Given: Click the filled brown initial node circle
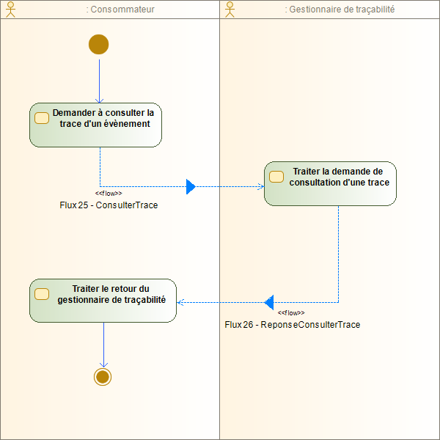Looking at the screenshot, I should (x=98, y=44).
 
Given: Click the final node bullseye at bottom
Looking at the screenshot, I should (x=103, y=377).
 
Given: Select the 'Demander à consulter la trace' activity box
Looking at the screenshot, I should (x=95, y=125).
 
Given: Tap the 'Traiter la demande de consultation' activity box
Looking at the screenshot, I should (x=330, y=183).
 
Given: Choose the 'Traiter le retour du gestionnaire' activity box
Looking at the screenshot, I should (x=103, y=300).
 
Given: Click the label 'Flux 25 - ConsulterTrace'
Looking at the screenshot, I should (x=109, y=205).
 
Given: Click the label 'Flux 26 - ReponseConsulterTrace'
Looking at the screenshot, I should (x=293, y=324).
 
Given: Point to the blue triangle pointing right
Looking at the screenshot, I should (x=191, y=186).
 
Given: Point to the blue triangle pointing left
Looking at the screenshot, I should (x=268, y=301).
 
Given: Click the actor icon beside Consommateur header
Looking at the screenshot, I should (x=10, y=10).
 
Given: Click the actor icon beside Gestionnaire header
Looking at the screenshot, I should (x=230, y=10).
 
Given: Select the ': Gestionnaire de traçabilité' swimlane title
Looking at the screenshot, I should (x=339, y=10).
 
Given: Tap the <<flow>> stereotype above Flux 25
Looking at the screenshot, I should (x=109, y=194).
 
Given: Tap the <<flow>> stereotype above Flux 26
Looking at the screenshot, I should (x=291, y=312).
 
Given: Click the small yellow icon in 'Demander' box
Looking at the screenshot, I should (x=42, y=118).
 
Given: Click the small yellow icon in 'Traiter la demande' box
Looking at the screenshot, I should (x=276, y=176).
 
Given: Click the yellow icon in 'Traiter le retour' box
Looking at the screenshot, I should (x=42, y=293).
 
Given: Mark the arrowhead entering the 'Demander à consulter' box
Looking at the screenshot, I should (x=99, y=100).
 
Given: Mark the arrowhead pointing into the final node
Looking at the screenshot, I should (x=103, y=364).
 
